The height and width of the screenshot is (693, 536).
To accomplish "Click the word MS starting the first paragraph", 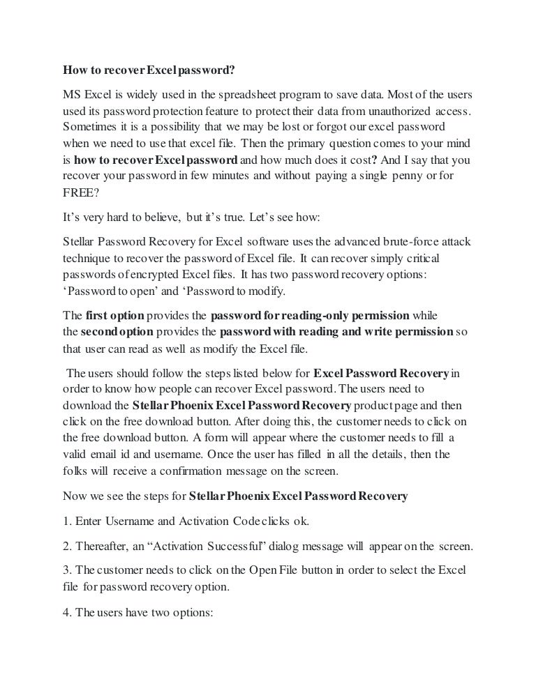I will (71, 93).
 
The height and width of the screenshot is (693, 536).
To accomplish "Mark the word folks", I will (74, 471).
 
